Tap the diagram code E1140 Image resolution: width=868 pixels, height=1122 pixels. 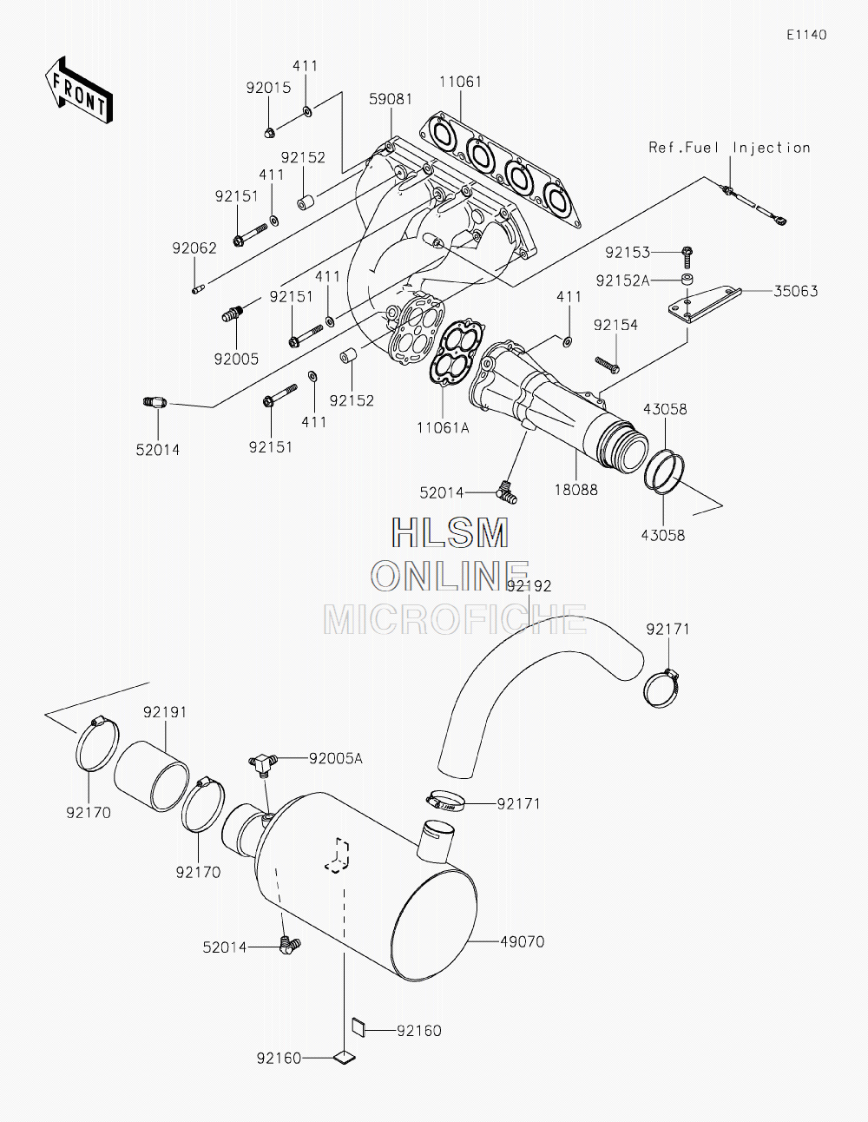(806, 35)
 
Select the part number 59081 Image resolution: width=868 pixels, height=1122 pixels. (391, 99)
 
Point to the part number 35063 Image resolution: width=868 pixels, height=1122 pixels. (796, 291)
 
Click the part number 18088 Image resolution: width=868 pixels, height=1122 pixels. (576, 490)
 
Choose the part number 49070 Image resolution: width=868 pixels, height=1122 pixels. (523, 941)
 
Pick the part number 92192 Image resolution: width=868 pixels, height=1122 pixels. (529, 586)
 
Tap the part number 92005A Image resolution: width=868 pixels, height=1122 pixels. (336, 758)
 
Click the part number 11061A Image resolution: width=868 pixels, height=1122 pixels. (443, 426)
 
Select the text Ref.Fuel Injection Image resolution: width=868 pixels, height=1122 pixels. (729, 148)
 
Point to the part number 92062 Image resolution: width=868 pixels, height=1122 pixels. (194, 248)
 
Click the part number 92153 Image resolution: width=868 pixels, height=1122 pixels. (628, 253)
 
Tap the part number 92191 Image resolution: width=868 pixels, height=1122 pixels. (165, 712)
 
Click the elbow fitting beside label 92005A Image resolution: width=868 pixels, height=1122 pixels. (262, 762)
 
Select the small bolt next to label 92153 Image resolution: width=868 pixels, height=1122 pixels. (687, 254)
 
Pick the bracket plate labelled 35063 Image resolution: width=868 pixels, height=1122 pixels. (703, 300)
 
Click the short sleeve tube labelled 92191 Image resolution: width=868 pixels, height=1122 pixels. (152, 775)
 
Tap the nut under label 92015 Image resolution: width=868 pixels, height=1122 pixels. (269, 132)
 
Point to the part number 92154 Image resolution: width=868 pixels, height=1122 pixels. (615, 325)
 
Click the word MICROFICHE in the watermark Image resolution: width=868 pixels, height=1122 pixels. (455, 619)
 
